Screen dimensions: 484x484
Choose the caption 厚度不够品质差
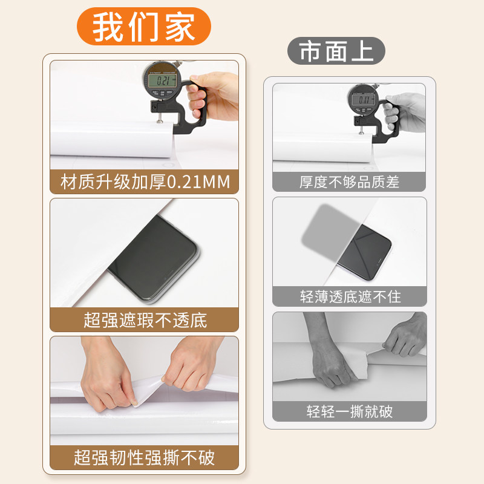pos(349,181)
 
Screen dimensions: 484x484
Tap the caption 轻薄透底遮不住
pos(349,296)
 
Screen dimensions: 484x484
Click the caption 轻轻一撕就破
pos(349,412)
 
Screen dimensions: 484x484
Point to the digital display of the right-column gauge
pos(364,100)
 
